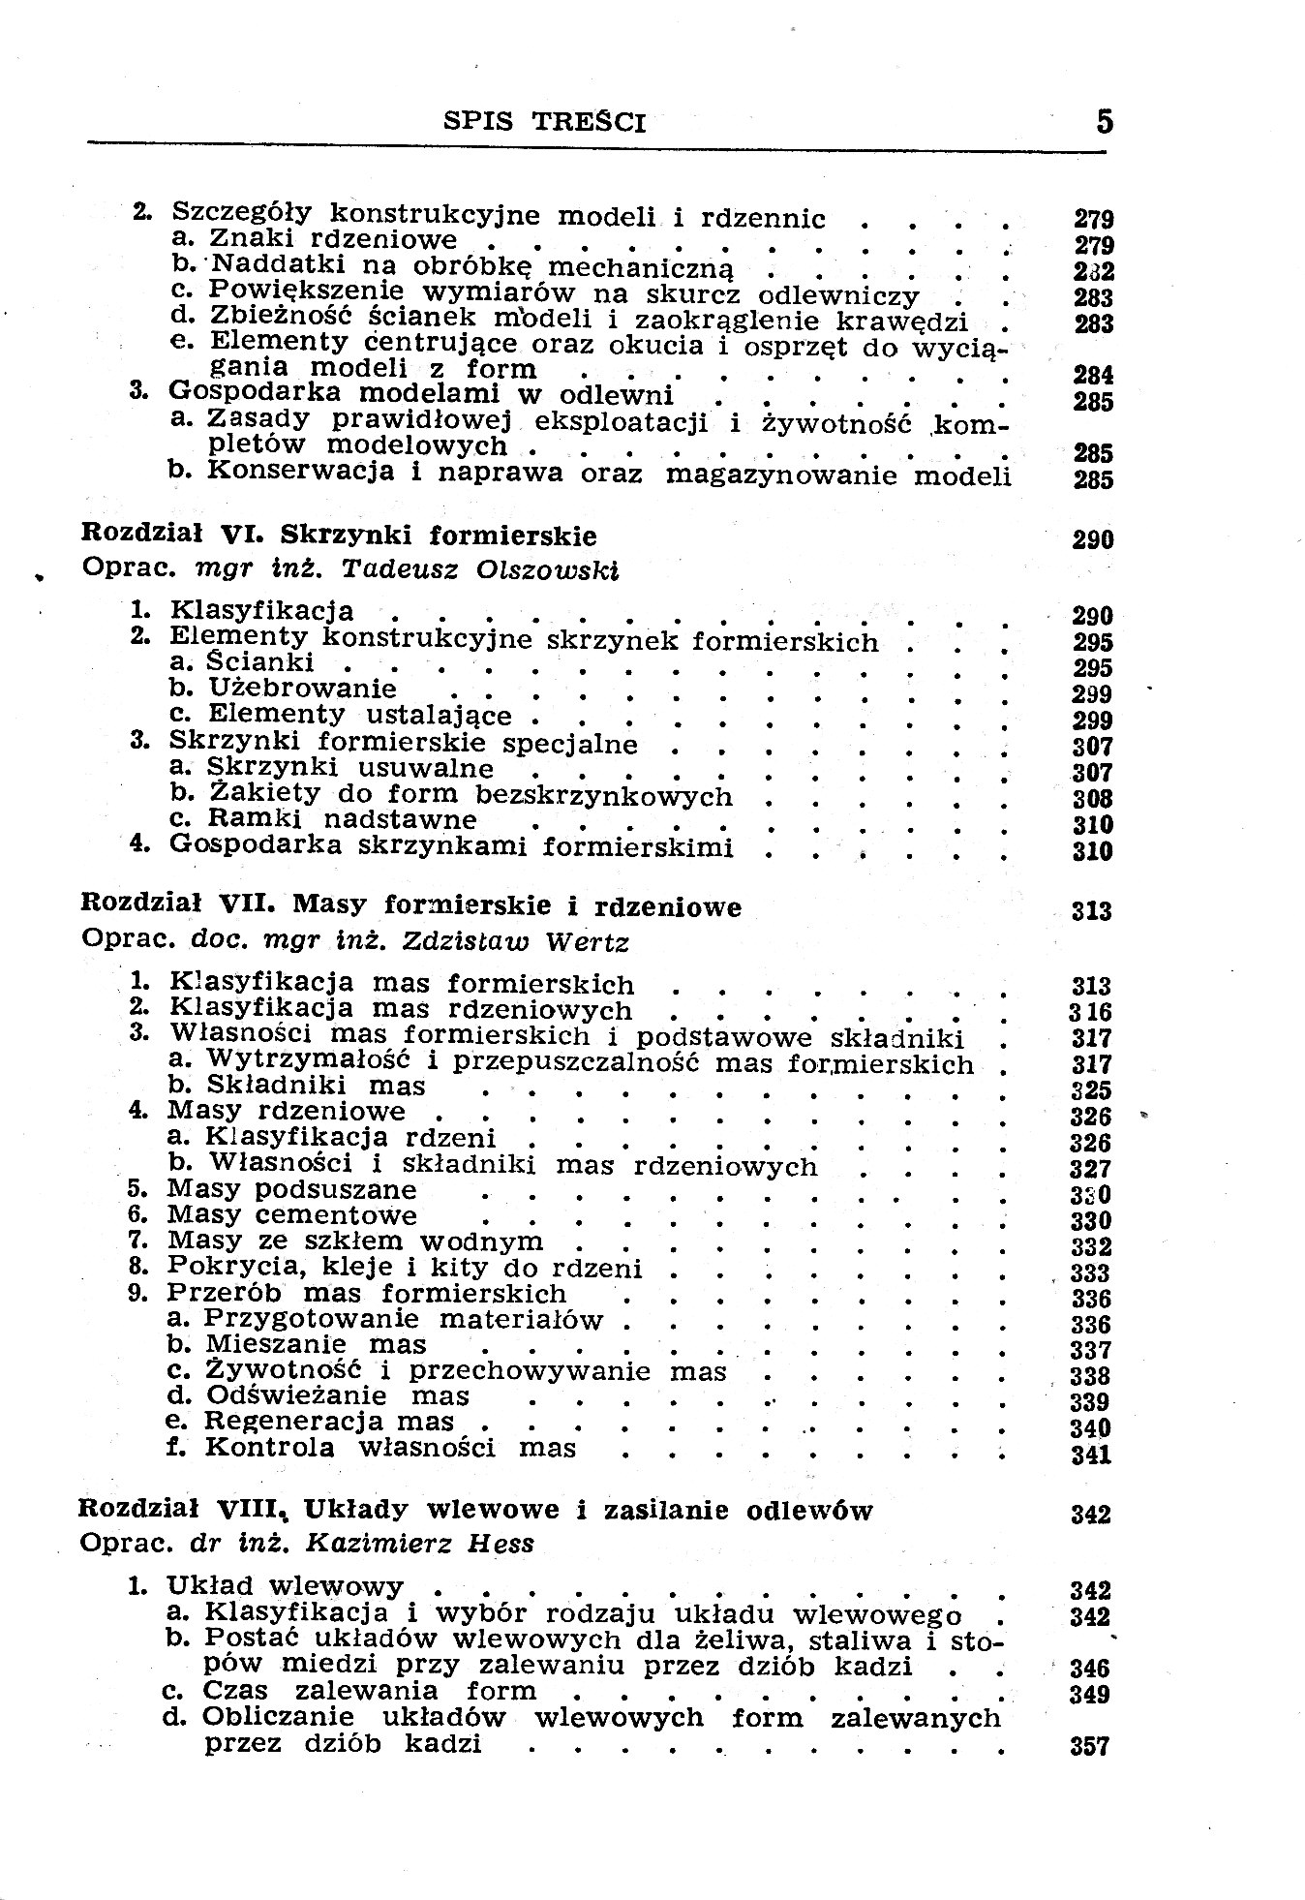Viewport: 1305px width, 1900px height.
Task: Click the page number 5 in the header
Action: pos(1105,122)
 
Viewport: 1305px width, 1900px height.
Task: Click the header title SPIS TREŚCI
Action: pos(544,122)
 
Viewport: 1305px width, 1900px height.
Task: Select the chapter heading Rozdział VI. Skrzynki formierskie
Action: pos(339,536)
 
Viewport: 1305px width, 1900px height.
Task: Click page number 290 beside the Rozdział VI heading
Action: pos(1093,539)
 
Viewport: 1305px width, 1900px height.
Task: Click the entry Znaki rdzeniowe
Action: pos(333,238)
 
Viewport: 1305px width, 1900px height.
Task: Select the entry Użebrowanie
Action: pos(302,689)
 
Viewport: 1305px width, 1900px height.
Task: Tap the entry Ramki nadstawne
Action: pos(342,819)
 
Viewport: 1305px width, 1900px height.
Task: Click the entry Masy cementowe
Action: pos(292,1214)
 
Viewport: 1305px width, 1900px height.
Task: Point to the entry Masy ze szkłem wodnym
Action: pos(355,1241)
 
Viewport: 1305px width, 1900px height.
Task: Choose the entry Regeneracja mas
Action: pos(330,1422)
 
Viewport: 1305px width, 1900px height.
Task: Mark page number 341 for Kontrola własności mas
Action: pos(1091,1455)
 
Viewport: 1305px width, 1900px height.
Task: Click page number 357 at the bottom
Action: pos(1090,1747)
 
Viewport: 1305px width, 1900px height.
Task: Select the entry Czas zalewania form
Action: pos(370,1691)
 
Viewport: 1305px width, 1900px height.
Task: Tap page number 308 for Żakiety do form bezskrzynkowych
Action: pos(1092,799)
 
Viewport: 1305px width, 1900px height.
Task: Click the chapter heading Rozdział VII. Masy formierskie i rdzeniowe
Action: pos(411,906)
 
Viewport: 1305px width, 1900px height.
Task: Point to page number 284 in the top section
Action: pos(1094,375)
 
